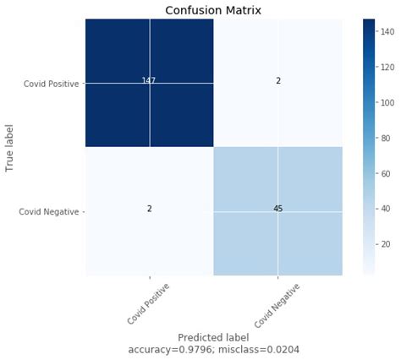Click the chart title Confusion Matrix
point(214,10)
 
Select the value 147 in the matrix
point(149,80)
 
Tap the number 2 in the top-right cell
point(277,80)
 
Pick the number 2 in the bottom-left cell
point(149,208)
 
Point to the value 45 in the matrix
point(277,208)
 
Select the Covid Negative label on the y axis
point(49,211)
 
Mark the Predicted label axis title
point(213,337)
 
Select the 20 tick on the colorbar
point(386,243)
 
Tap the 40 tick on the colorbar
point(386,207)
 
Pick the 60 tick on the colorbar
point(386,172)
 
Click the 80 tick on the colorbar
point(386,137)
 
